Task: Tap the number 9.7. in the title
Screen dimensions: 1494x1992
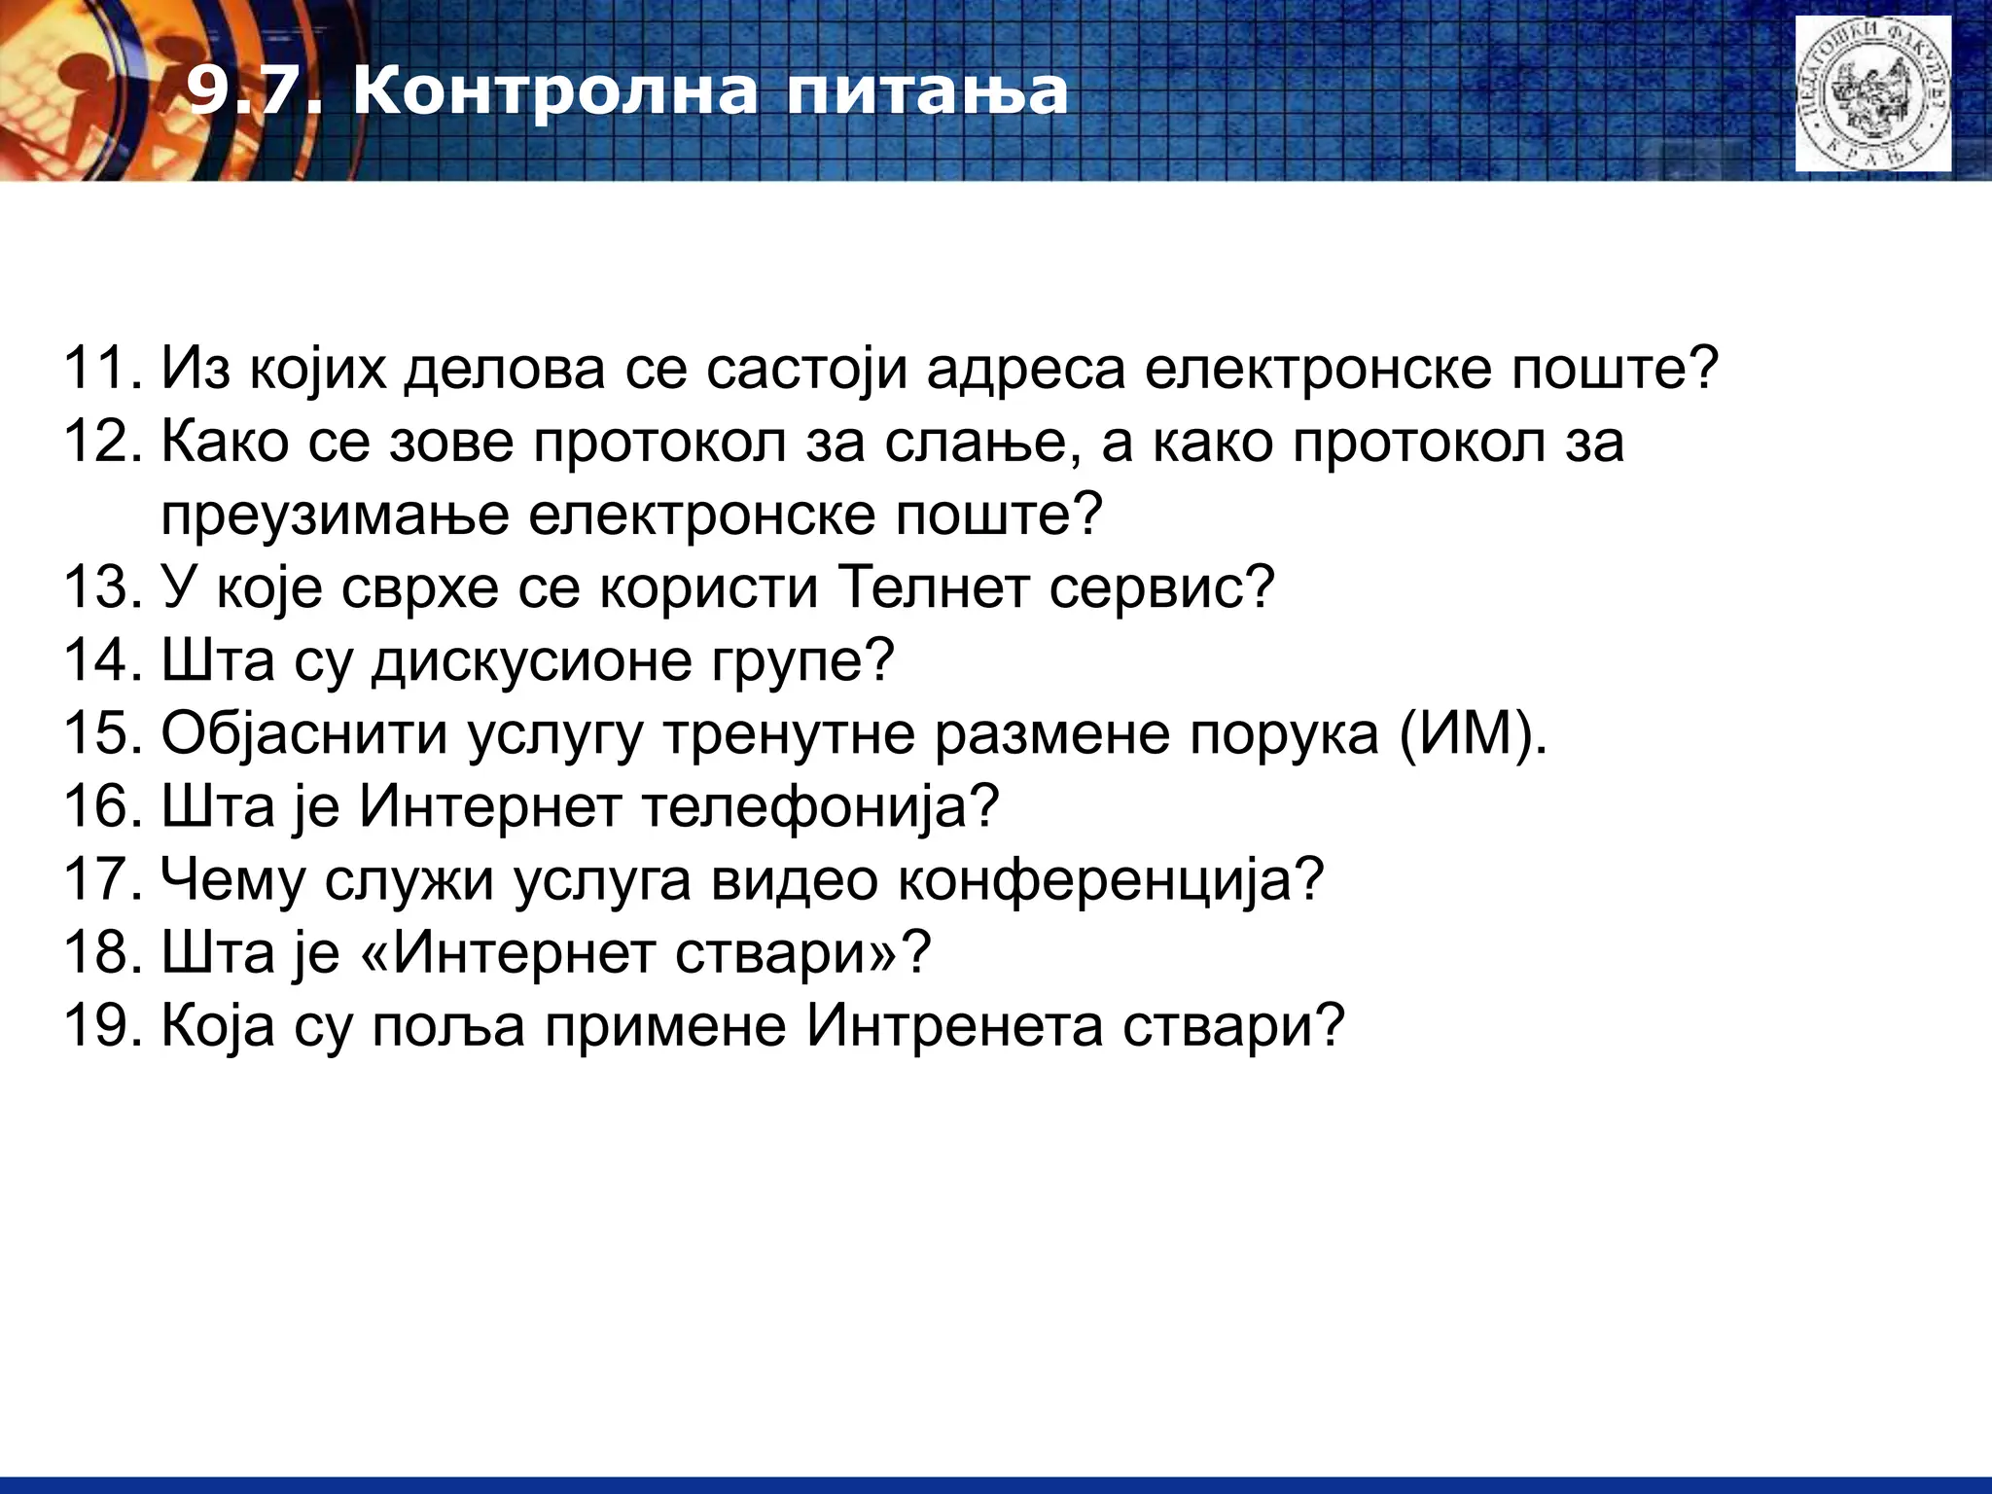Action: point(253,92)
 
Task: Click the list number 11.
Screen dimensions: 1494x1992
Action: point(102,370)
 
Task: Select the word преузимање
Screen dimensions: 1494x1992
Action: point(336,516)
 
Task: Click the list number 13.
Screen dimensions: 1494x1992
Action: point(102,587)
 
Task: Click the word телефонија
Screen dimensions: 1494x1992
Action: point(822,807)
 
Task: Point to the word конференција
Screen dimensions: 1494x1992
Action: point(1109,880)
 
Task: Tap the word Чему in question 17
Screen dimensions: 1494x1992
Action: point(232,880)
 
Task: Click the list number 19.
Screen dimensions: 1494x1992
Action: point(102,1026)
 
